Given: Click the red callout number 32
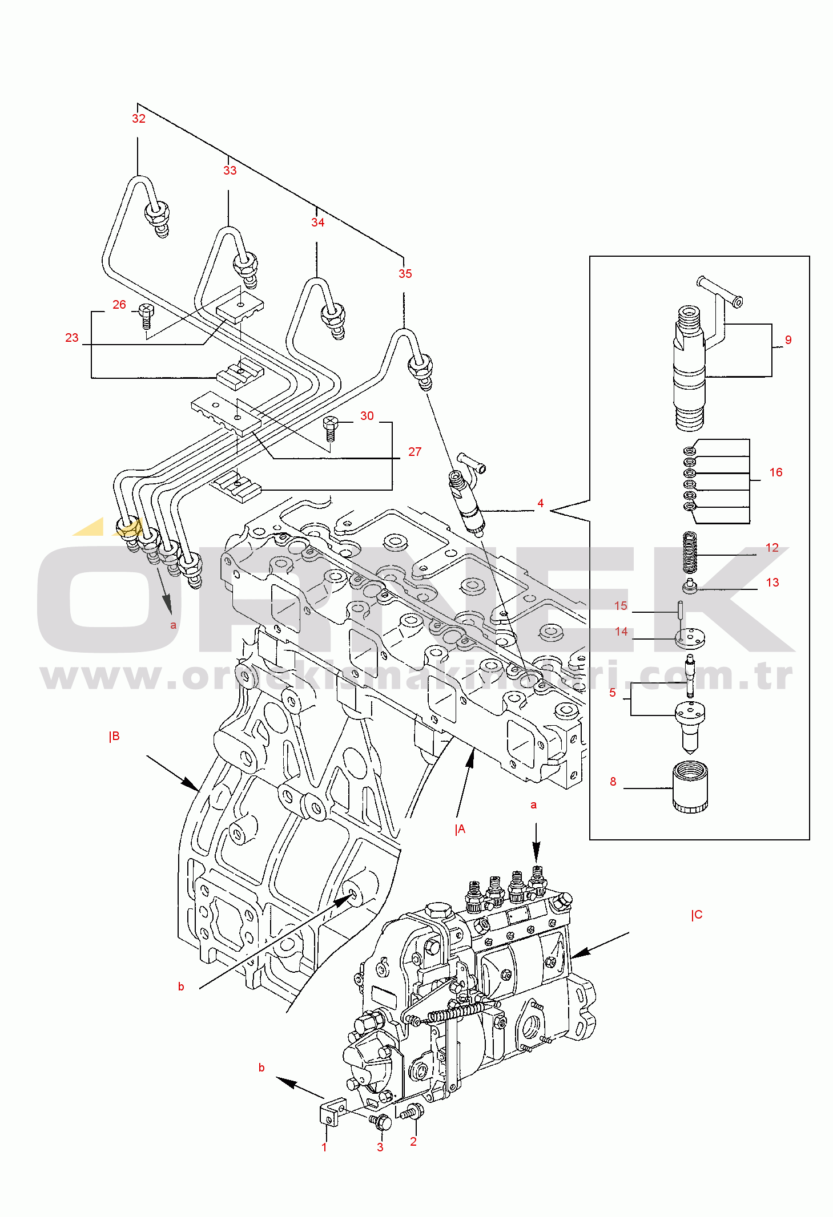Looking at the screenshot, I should tap(139, 119).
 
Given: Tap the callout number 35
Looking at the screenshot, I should tap(405, 274).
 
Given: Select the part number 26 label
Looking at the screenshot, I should tap(119, 305).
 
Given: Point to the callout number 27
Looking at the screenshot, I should tap(415, 452).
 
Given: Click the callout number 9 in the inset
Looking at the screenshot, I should tap(788, 340).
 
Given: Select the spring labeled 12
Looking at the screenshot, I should tap(690, 552).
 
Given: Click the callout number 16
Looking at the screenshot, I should tap(775, 472).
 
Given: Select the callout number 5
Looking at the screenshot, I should tap(613, 693).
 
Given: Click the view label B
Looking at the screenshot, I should tap(115, 737).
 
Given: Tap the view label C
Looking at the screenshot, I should tap(697, 915).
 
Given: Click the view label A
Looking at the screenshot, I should tap(460, 830).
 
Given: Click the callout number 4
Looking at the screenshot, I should tap(540, 503).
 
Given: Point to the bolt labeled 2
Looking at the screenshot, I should tap(413, 1111).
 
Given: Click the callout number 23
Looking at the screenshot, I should tap(72, 338).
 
